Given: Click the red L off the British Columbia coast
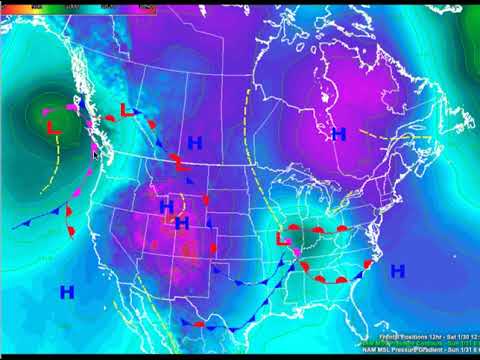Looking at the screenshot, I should click(54, 127).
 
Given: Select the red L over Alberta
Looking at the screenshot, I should click(126, 111).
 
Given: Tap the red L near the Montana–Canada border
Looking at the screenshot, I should click(176, 161).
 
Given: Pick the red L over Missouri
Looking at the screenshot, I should click(283, 240).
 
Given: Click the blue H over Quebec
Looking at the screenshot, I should click(338, 133).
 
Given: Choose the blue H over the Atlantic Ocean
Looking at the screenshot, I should click(397, 270).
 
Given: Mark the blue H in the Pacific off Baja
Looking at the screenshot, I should click(67, 292).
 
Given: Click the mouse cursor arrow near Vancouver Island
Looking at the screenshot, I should click(95, 154).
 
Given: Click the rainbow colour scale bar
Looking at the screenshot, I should click(80, 5).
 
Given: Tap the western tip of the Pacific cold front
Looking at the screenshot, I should click(16, 227).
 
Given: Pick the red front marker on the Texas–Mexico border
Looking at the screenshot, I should click(198, 325).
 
